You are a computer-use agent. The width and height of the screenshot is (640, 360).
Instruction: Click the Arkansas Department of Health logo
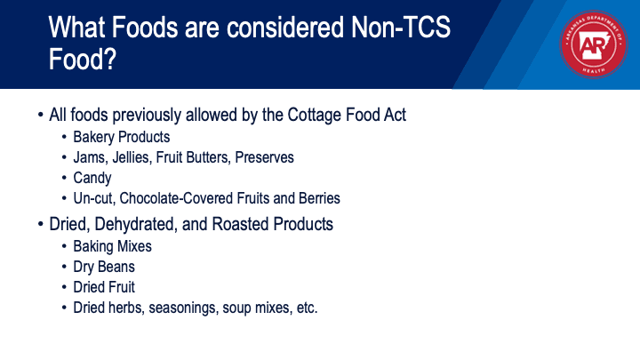coord(594,44)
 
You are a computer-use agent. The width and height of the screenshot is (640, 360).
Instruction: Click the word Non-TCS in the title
coord(400,28)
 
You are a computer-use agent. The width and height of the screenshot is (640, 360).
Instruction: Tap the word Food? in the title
coord(83,59)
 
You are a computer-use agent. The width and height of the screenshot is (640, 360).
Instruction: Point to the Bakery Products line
coord(121,137)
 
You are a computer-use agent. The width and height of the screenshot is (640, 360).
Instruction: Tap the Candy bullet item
coord(92,178)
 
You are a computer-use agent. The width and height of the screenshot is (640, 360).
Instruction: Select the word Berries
coord(319,198)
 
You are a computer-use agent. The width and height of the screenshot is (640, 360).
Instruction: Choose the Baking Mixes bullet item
coord(112,246)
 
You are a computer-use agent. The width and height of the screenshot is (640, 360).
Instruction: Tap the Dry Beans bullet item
coord(104,267)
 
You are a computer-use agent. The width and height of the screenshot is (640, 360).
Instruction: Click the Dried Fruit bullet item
coord(104,287)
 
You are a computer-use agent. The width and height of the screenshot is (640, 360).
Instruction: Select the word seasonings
coord(184,308)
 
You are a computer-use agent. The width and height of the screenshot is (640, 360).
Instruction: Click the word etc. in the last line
coord(307,308)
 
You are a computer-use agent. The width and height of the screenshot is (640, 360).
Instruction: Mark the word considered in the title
coord(285,28)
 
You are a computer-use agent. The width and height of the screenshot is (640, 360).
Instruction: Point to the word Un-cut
coord(94,198)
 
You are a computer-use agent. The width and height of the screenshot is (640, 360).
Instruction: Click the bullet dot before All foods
coord(40,115)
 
